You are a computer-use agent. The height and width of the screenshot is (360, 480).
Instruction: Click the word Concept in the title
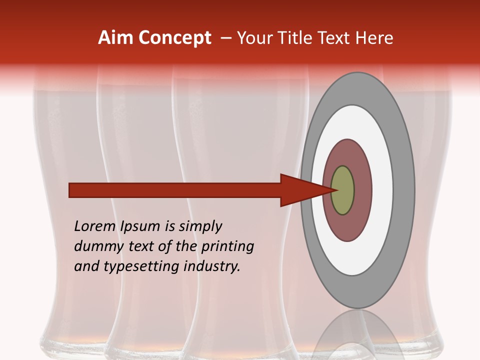click(x=175, y=38)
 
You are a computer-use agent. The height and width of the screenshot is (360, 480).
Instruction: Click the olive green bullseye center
click(x=342, y=190)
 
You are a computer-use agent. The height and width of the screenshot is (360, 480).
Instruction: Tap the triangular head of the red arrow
click(x=300, y=190)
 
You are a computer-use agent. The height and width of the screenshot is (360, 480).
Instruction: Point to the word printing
click(x=227, y=247)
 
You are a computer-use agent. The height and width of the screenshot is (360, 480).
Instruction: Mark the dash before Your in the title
click(x=226, y=38)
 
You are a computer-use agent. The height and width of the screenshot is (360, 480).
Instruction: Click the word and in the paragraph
click(x=86, y=266)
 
